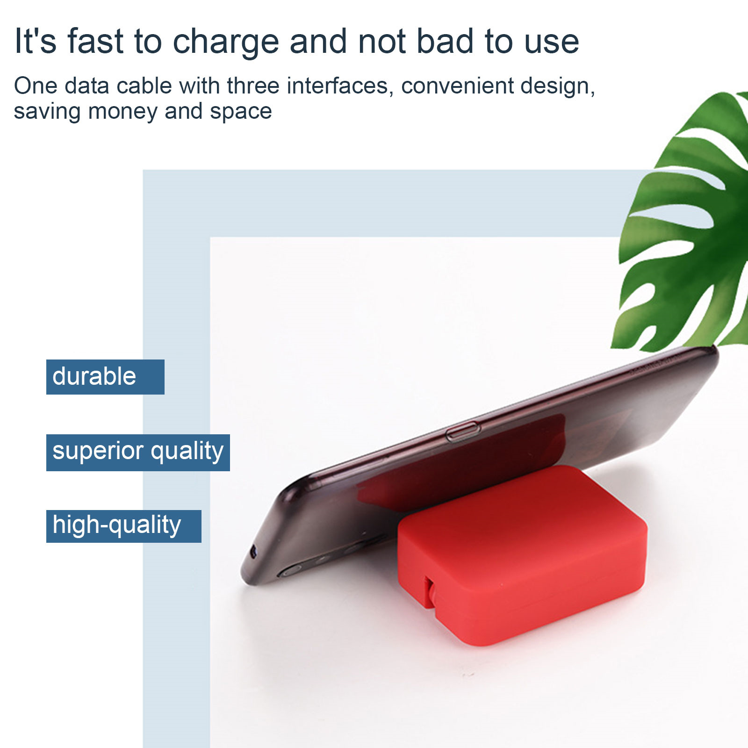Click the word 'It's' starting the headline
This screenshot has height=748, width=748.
pos(36,41)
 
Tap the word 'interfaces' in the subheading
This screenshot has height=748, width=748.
pos(340,86)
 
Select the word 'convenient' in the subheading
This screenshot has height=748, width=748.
pos(456,86)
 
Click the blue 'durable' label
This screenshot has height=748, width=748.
pos(105,377)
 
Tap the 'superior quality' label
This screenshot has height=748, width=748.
pos(138,453)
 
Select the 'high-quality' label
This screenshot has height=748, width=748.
pos(124,526)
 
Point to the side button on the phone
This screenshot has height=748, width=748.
pos(463,432)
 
